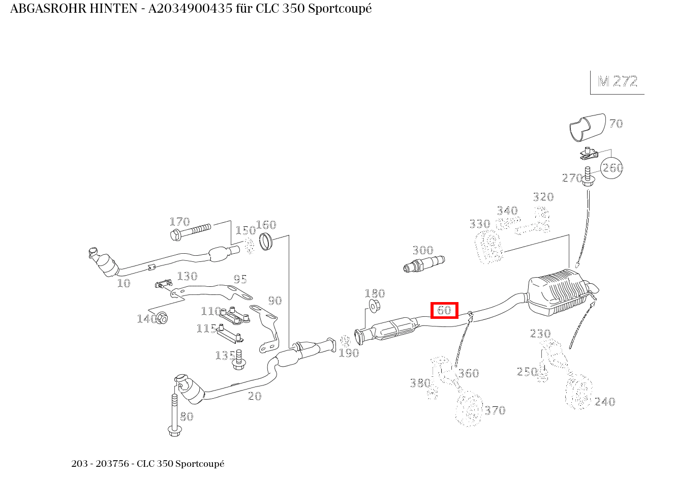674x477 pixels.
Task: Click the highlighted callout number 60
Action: click(x=444, y=310)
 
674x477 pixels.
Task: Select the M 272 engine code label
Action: click(x=618, y=81)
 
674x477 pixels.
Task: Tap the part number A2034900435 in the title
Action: click(x=190, y=9)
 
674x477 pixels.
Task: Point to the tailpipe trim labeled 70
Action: click(x=588, y=127)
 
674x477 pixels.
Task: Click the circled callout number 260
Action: click(x=611, y=168)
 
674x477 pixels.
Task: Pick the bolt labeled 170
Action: click(x=190, y=232)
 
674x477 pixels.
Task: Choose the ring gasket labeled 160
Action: click(x=266, y=242)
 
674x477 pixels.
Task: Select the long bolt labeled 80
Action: click(x=174, y=415)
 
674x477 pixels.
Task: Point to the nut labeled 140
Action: click(x=162, y=318)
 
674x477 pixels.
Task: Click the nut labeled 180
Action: click(x=375, y=306)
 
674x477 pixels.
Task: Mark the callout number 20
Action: click(x=255, y=396)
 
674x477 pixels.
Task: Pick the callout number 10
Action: click(x=124, y=283)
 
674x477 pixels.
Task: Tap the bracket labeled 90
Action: click(x=267, y=328)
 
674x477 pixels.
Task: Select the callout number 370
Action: click(x=495, y=410)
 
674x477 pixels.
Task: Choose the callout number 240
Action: click(x=605, y=402)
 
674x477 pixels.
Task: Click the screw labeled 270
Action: click(x=588, y=176)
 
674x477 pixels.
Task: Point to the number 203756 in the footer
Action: click(x=112, y=463)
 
